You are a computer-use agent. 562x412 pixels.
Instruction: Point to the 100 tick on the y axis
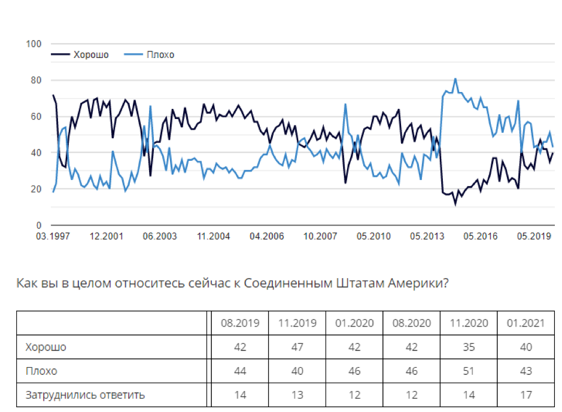tap(34, 44)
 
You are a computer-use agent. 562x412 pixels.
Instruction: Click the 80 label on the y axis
tap(35, 80)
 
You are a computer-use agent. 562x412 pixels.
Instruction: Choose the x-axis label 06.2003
tap(160, 236)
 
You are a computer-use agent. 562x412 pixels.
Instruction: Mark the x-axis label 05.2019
tap(533, 236)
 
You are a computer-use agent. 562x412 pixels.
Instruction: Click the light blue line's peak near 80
tap(455, 78)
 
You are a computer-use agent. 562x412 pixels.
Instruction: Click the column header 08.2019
tap(239, 323)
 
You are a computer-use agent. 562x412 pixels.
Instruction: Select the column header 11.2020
tap(469, 323)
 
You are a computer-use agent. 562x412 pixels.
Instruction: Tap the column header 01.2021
tap(526, 323)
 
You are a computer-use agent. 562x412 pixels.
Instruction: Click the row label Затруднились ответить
tap(85, 395)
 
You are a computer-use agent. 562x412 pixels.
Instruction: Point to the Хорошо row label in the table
tap(46, 347)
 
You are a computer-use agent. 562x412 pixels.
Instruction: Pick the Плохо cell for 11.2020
tap(469, 371)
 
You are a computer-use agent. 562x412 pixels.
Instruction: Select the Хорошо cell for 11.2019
tap(297, 347)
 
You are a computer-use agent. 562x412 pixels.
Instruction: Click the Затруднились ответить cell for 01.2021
tap(526, 395)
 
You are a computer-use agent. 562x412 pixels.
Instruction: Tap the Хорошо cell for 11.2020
tap(469, 347)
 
